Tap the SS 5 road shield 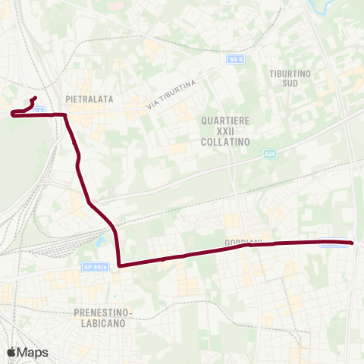click(235, 58)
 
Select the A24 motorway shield click(269, 154)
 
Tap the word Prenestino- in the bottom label click(104, 312)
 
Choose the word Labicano click(104, 323)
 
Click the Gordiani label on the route click(243, 243)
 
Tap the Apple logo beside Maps click(11, 352)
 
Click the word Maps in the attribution click(33, 352)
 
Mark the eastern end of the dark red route click(353, 243)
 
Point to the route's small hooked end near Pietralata click(35, 98)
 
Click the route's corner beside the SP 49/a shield click(120, 265)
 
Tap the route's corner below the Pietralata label click(65, 115)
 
